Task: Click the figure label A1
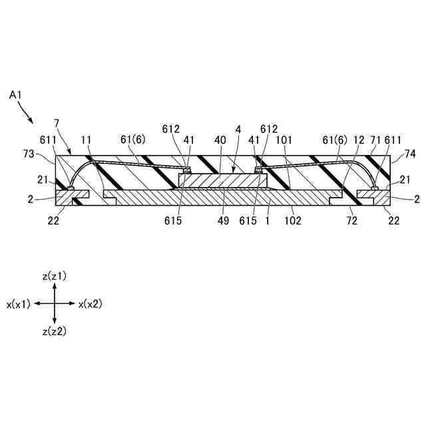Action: click(x=16, y=96)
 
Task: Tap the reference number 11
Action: click(x=87, y=141)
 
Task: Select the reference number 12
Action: click(x=360, y=141)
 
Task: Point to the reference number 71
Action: click(x=375, y=141)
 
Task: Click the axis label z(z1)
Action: click(x=54, y=276)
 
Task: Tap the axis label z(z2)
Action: click(x=54, y=331)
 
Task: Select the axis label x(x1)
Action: click(x=19, y=304)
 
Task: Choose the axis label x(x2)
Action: click(x=90, y=304)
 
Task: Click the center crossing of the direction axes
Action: click(x=54, y=303)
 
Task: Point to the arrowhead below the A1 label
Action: click(x=32, y=122)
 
